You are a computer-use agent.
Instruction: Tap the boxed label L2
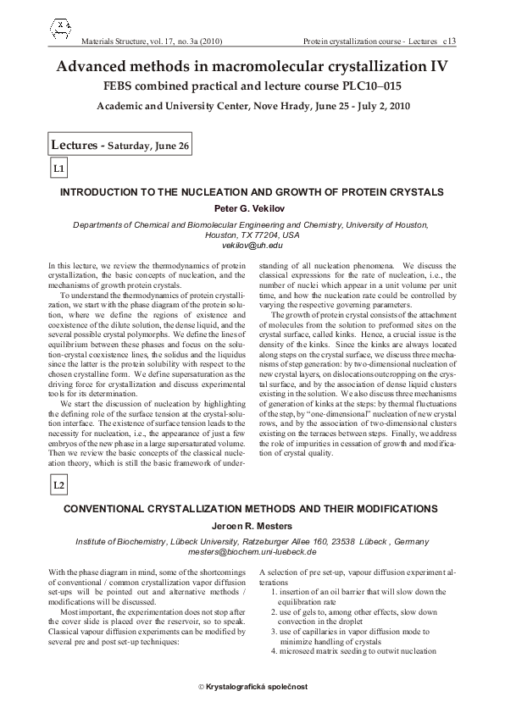click(x=59, y=485)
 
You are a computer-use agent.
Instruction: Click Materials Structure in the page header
click(x=117, y=41)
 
